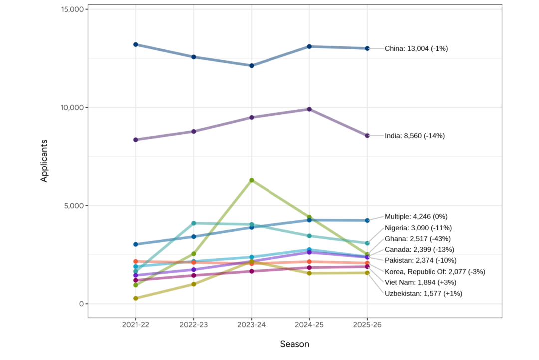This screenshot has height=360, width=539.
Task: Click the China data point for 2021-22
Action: point(136,44)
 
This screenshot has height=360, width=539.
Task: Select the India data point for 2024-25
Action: point(309,109)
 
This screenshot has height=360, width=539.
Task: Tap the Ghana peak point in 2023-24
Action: point(252,180)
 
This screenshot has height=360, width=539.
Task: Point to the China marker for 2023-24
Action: point(252,65)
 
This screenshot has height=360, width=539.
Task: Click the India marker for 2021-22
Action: point(136,140)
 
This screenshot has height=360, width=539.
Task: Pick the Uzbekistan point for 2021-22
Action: point(136,298)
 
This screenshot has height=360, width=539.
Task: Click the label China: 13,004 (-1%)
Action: point(416,48)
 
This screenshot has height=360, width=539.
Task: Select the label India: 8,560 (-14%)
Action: point(414,136)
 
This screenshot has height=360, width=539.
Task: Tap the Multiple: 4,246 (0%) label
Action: point(416,217)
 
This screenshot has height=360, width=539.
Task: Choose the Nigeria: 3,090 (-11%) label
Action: point(418,228)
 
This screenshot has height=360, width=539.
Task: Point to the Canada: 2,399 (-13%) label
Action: point(419,249)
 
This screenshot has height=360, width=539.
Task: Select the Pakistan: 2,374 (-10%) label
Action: point(421,260)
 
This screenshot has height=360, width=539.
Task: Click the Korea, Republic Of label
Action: point(435,272)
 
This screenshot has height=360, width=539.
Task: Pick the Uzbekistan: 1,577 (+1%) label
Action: point(423,293)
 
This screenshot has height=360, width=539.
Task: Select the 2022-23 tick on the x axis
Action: point(194,325)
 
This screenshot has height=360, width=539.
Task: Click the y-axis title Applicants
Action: point(44,161)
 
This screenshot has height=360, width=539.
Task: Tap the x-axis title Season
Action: point(294,344)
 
